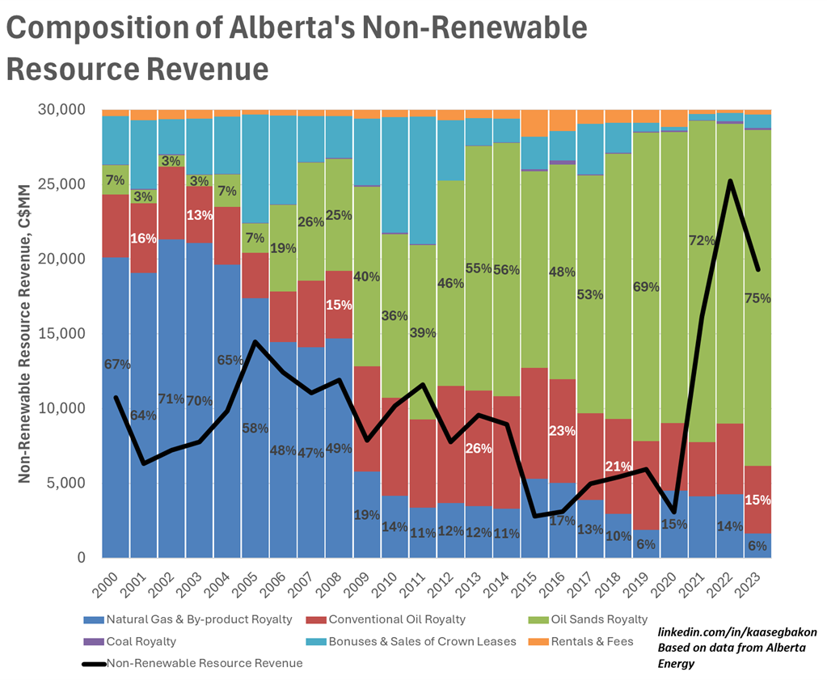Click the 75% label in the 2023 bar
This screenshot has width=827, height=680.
[757, 298]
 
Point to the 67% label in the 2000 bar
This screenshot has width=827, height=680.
[117, 365]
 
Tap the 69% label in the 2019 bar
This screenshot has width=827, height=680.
[646, 287]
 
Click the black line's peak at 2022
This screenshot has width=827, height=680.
[730, 181]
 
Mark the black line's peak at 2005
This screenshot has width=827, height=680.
[255, 342]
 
